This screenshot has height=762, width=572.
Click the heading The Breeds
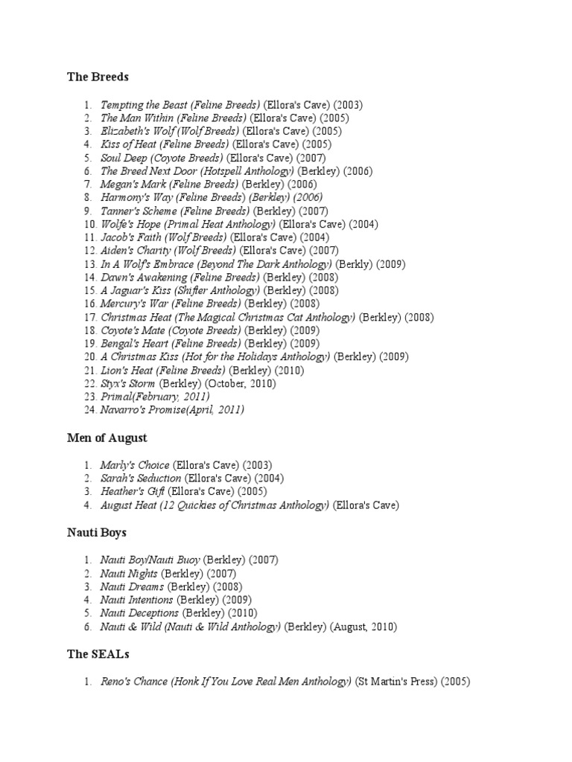98,77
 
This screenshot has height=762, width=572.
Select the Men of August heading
107,438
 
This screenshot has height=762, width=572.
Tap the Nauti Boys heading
97,532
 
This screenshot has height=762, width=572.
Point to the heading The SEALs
98,654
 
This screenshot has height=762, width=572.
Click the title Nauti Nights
129,573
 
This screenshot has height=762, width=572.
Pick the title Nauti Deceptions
139,613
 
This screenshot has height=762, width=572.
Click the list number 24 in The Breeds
90,409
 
